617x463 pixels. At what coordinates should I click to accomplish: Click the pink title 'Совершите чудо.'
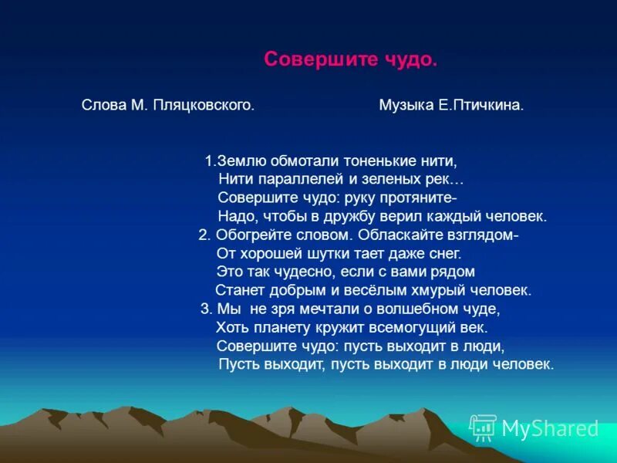[350, 60]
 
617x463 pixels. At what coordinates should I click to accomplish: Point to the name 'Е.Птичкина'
[482, 105]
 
